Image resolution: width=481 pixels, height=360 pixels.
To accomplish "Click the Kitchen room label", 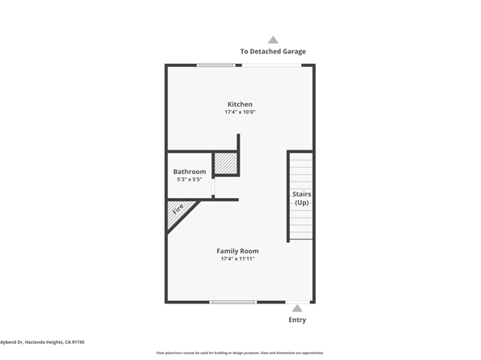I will click(x=240, y=104).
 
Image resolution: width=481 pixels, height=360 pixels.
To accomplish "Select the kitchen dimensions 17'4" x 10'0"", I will click(x=240, y=112).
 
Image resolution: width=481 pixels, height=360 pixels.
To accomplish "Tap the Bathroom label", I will click(x=189, y=172).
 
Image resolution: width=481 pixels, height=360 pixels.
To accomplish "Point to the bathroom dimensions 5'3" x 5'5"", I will click(x=189, y=180).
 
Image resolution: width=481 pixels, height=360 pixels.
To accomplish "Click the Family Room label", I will click(x=237, y=251).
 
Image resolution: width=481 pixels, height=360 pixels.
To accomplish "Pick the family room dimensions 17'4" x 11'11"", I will click(x=237, y=259).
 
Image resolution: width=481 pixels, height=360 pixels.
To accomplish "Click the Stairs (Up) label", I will click(x=301, y=198).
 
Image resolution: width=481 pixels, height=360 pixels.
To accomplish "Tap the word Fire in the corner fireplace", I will click(x=177, y=213).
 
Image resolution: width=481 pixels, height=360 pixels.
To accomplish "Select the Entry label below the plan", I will click(x=297, y=320).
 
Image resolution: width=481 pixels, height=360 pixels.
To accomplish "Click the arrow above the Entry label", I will click(x=297, y=308).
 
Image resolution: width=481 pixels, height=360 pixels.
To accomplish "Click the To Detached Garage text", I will click(x=273, y=52).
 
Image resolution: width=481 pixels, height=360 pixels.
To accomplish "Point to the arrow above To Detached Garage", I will click(x=273, y=40).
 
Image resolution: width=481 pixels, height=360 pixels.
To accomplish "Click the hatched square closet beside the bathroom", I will click(x=226, y=164).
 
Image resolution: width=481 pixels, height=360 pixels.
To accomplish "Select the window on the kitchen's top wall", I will click(x=216, y=66).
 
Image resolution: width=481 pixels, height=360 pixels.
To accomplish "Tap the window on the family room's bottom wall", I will click(x=233, y=303).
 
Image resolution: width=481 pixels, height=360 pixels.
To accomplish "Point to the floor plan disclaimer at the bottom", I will click(x=240, y=354).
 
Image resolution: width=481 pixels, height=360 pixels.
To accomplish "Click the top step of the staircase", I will click(x=301, y=156).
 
